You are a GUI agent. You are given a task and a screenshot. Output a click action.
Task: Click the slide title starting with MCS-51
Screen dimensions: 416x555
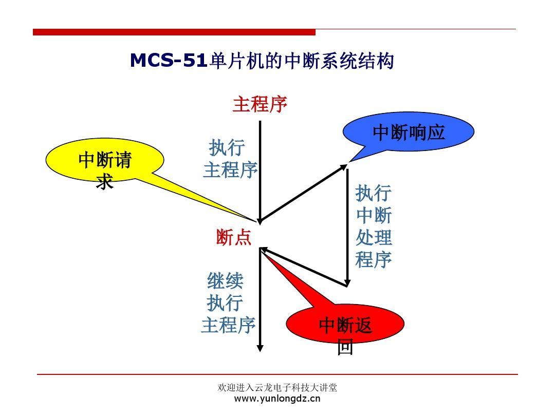point(262,61)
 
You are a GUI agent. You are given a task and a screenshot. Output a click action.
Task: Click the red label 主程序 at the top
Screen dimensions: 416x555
point(260,104)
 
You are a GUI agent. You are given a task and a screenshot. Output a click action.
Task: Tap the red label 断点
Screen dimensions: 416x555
point(234,238)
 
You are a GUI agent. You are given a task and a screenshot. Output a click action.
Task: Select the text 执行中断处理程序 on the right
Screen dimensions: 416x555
point(374,227)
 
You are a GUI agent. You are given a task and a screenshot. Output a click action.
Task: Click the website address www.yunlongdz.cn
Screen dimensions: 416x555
point(277,399)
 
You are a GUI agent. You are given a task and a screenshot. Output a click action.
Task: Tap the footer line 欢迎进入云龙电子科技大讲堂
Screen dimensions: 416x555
point(277,388)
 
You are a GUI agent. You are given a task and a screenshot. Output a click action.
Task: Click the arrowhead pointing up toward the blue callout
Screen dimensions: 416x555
point(344,167)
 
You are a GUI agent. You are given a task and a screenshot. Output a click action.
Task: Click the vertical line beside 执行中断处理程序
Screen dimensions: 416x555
point(347,226)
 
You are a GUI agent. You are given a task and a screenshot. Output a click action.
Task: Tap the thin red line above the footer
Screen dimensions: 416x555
point(277,375)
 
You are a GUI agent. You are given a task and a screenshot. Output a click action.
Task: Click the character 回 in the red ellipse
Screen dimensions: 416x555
point(345,348)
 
